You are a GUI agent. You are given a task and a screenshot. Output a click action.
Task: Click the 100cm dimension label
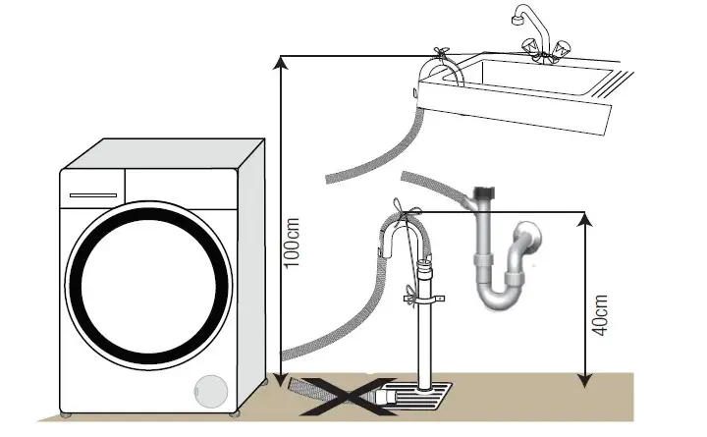(x=293, y=243)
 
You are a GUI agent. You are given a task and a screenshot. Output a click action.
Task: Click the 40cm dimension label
(x=600, y=315)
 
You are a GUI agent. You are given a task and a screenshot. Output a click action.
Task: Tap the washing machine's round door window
(x=149, y=286)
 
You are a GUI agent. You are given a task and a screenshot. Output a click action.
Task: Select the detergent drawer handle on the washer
(x=93, y=195)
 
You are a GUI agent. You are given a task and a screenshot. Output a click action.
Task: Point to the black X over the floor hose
(x=347, y=396)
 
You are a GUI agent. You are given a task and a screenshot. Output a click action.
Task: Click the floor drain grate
(x=414, y=398)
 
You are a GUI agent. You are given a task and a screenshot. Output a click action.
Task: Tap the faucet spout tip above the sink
(x=517, y=20)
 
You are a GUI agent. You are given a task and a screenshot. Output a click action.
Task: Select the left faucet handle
(x=530, y=46)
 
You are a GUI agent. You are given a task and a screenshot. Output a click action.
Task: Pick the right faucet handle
(x=562, y=48)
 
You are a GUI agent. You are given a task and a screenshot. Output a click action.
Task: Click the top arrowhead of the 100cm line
(x=281, y=62)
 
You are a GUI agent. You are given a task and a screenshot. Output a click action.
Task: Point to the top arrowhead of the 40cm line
(x=585, y=219)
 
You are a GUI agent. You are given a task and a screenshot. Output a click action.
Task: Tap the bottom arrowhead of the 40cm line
(x=585, y=380)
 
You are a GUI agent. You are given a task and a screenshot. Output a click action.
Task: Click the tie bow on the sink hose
(x=441, y=53)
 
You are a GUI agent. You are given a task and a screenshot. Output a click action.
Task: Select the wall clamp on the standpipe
(x=424, y=299)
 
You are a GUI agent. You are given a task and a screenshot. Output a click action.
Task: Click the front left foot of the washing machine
(x=66, y=414)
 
